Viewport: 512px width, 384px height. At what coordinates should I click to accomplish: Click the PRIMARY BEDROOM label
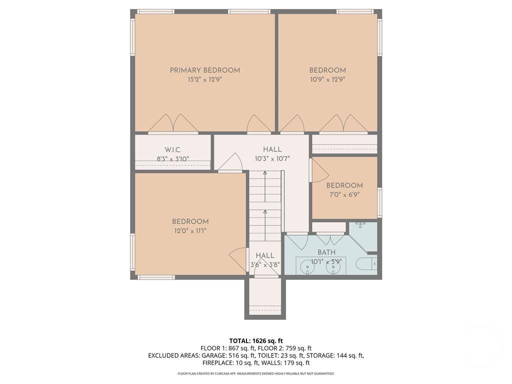pyautogui.click(x=204, y=70)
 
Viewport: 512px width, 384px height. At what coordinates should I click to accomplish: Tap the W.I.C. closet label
pyautogui.click(x=173, y=150)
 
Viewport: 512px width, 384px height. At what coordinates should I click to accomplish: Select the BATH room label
pyautogui.click(x=326, y=252)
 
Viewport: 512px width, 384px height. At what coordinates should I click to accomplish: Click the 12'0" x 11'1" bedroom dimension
pyautogui.click(x=190, y=231)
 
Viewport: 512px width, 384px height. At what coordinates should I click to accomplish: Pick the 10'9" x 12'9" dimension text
pyautogui.click(x=327, y=79)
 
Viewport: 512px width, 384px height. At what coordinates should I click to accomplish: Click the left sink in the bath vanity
pyautogui.click(x=307, y=267)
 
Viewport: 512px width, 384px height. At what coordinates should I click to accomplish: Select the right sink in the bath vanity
pyautogui.click(x=333, y=267)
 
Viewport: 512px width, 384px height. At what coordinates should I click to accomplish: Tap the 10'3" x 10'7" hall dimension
pyautogui.click(x=272, y=159)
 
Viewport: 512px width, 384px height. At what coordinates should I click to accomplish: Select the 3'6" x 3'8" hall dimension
pyautogui.click(x=265, y=265)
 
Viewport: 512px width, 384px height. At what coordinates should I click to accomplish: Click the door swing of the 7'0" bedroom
pyautogui.click(x=319, y=171)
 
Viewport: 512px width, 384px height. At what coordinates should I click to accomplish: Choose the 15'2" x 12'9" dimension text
pyautogui.click(x=204, y=79)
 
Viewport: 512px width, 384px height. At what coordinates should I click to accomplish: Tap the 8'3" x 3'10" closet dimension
pyautogui.click(x=173, y=159)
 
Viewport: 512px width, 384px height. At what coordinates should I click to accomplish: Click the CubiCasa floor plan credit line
pyautogui.click(x=256, y=373)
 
